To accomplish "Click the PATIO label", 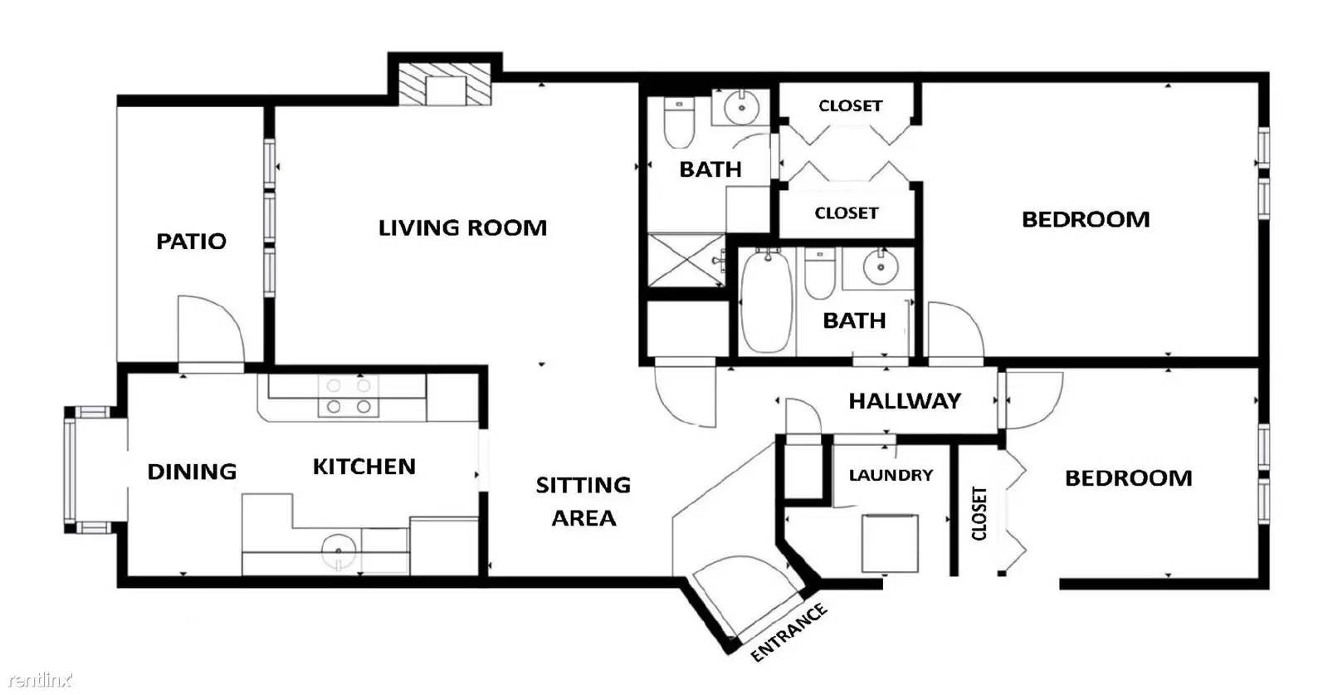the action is pyautogui.click(x=191, y=242).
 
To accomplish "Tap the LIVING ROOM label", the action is pyautogui.click(x=462, y=228).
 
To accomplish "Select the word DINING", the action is pyautogui.click(x=192, y=472).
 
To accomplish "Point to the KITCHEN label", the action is pyautogui.click(x=364, y=467).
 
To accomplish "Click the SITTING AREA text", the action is pyautogui.click(x=583, y=502).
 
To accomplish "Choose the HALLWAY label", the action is pyautogui.click(x=905, y=401).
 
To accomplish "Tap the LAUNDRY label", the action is pyautogui.click(x=891, y=475).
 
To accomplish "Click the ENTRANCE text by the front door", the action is pyautogui.click(x=788, y=632).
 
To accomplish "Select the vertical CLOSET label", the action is pyautogui.click(x=979, y=513).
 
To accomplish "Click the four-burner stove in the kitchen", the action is pyautogui.click(x=349, y=396).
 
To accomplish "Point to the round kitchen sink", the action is pyautogui.click(x=339, y=551).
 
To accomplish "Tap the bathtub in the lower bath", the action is pyautogui.click(x=767, y=301).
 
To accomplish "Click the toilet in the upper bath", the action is pyautogui.click(x=680, y=124).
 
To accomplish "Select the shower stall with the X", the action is pyautogui.click(x=686, y=261).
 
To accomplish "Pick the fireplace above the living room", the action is pyautogui.click(x=444, y=84).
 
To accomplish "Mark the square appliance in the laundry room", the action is pyautogui.click(x=890, y=543).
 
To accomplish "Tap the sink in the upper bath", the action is pyautogui.click(x=740, y=107).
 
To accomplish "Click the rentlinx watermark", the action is pyautogui.click(x=40, y=679).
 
